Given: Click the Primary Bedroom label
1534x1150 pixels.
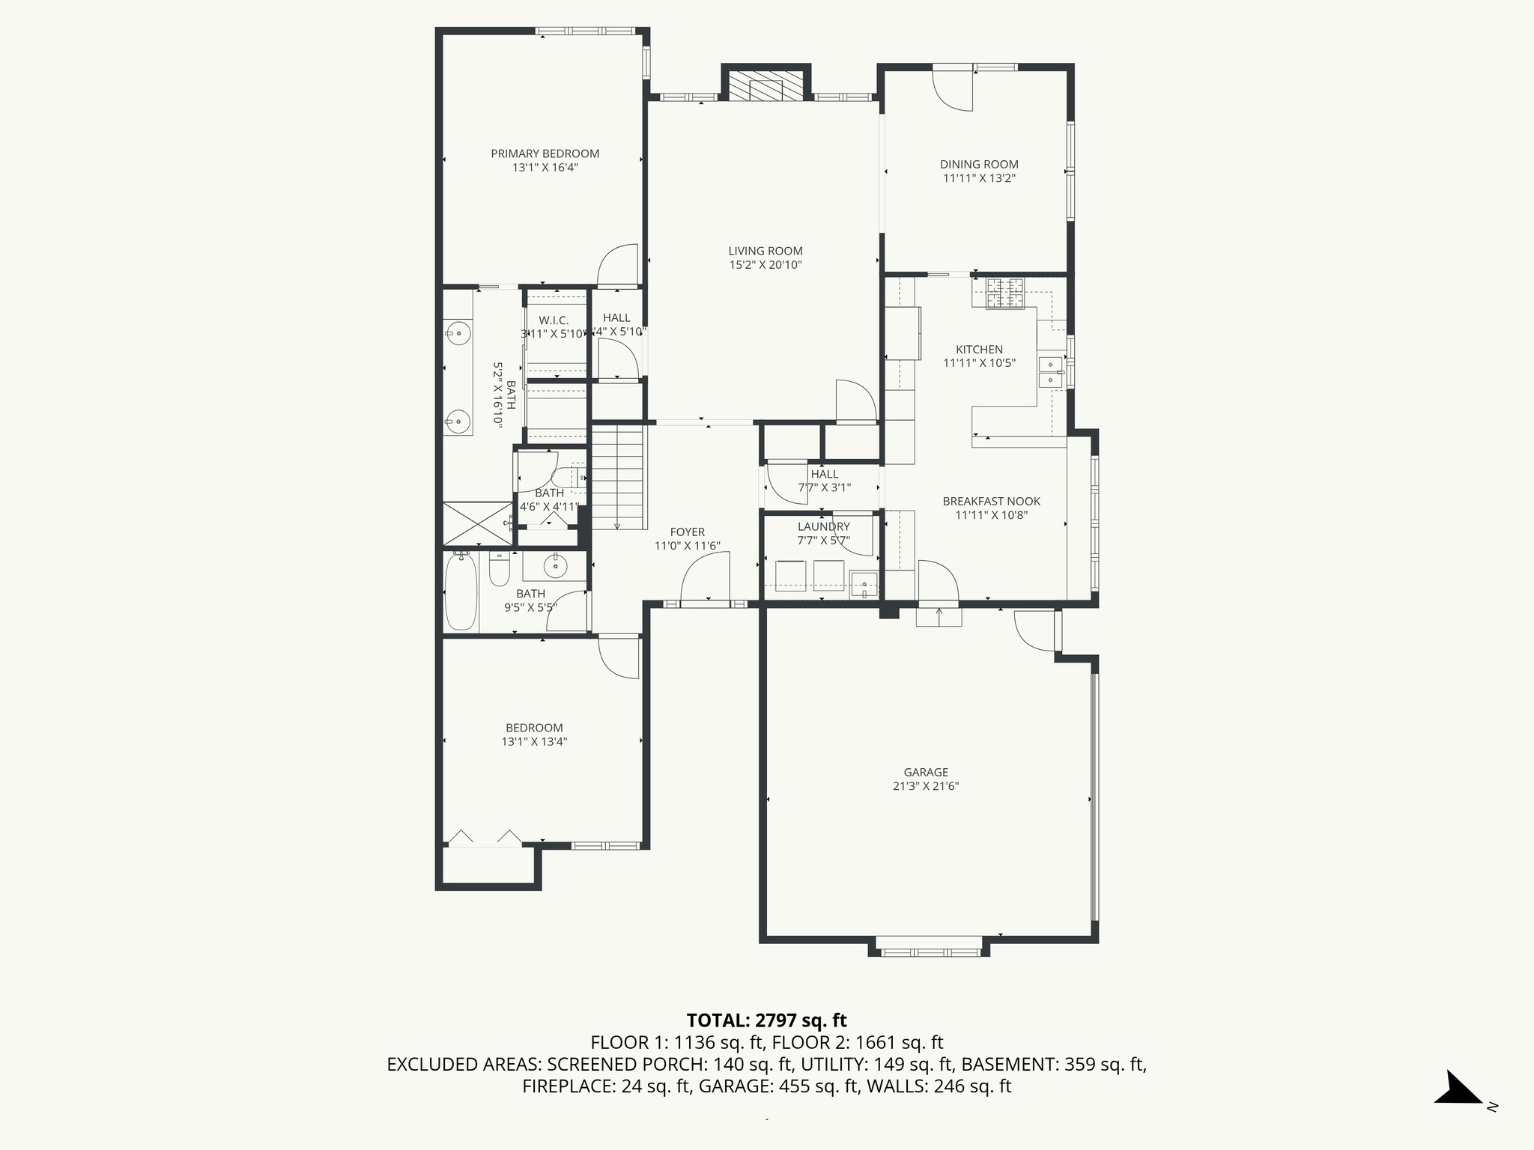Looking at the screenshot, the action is click(x=545, y=153).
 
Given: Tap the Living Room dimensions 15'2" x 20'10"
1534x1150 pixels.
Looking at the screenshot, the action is click(x=766, y=265).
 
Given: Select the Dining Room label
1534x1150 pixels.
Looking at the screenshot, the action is click(x=979, y=165).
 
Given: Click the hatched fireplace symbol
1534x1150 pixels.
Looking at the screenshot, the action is click(x=757, y=86).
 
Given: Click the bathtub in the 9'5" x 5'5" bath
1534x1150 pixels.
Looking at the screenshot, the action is click(x=461, y=591).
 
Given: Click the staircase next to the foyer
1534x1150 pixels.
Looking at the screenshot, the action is click(x=618, y=476).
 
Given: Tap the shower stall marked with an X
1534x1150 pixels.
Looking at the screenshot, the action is click(x=478, y=523).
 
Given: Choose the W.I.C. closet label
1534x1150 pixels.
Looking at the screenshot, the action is click(x=554, y=320).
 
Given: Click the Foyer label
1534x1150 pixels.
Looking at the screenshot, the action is click(x=688, y=532).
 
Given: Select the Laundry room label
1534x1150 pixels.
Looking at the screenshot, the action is click(x=824, y=527).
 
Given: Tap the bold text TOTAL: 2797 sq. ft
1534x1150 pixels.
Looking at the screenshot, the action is click(x=767, y=1020).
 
